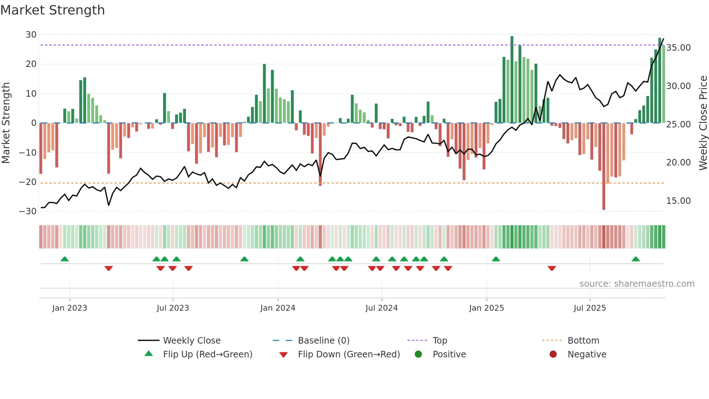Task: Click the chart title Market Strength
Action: click(x=52, y=10)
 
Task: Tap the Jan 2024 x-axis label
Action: click(x=277, y=308)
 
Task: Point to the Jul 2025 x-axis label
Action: click(x=589, y=308)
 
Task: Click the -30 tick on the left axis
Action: click(x=28, y=211)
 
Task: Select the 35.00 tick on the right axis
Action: click(x=678, y=48)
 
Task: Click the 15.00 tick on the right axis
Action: click(x=678, y=201)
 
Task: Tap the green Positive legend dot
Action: click(x=418, y=354)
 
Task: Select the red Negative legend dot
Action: click(x=553, y=354)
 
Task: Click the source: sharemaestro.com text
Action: click(x=637, y=284)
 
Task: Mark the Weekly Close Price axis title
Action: click(x=703, y=123)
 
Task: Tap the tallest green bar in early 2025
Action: click(x=512, y=80)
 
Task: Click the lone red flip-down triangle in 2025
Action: click(x=552, y=268)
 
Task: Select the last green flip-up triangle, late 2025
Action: click(x=636, y=259)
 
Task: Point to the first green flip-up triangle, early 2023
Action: click(x=65, y=259)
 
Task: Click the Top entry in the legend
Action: click(x=440, y=341)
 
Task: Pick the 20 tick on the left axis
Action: click(x=31, y=64)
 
